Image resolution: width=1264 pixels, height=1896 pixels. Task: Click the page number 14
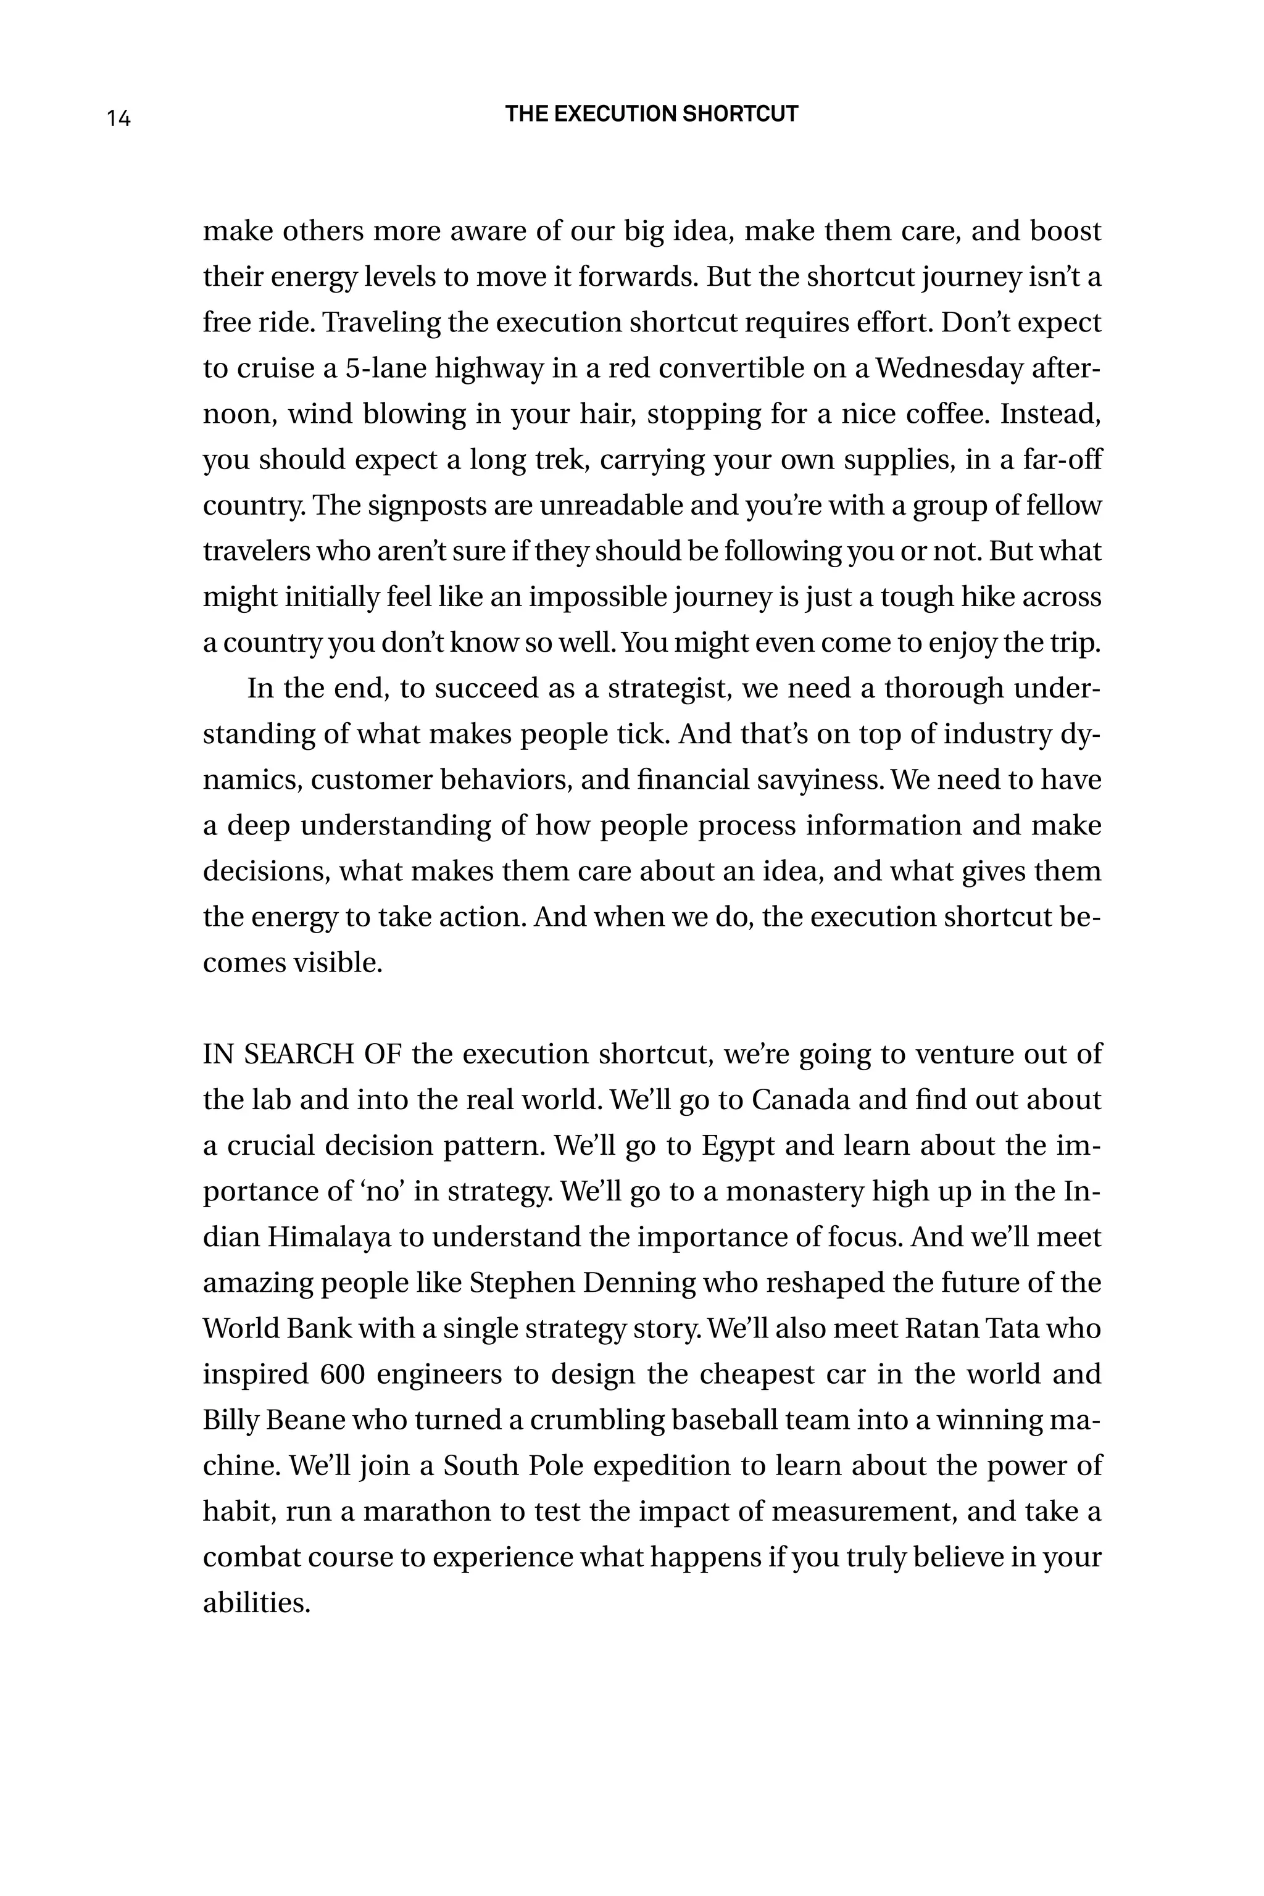click(118, 118)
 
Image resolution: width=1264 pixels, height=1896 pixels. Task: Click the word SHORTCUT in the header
click(740, 114)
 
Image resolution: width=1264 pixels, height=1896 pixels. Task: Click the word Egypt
click(738, 1146)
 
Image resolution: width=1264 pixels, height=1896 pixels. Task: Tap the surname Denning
click(638, 1283)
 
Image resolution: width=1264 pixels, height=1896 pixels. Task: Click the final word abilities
click(256, 1603)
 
